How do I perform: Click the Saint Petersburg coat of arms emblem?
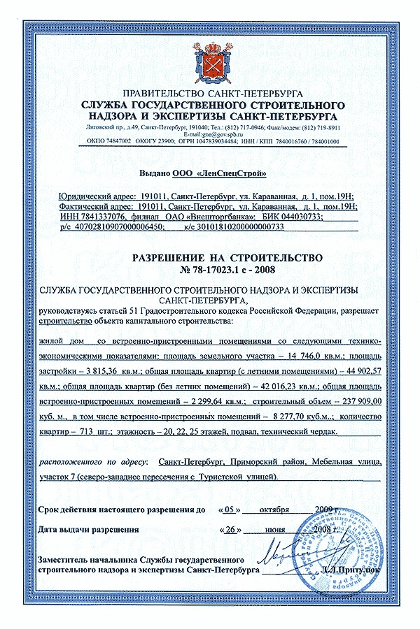tap(209, 64)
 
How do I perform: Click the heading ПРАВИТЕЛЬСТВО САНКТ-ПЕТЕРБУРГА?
tap(209, 93)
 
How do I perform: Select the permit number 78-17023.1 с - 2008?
tap(209, 268)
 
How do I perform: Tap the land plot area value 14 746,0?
tap(288, 355)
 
